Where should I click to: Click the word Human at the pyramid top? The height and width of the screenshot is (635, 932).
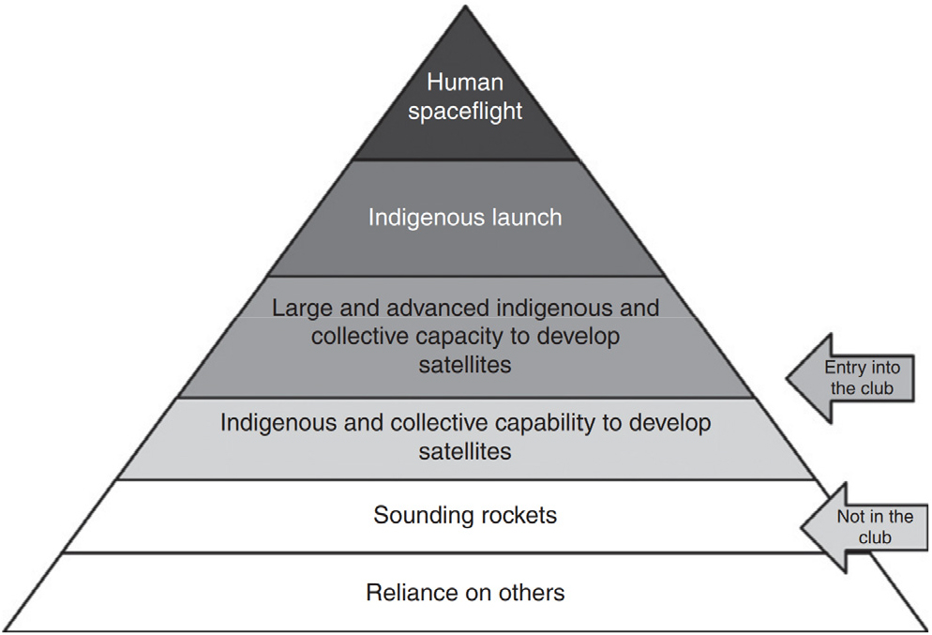click(465, 82)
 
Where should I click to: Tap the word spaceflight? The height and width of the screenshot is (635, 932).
click(465, 112)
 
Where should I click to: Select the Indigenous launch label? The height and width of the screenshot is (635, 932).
click(465, 218)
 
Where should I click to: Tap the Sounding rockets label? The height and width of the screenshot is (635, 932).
click(465, 515)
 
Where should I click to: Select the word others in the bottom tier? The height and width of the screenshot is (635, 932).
click(532, 593)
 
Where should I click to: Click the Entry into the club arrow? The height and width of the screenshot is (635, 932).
click(850, 378)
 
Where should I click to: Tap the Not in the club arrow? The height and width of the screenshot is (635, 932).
click(864, 527)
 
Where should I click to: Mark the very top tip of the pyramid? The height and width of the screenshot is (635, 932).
click(465, 6)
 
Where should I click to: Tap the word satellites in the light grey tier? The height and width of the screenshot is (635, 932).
click(465, 451)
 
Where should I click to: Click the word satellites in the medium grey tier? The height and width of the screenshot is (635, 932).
click(465, 365)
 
